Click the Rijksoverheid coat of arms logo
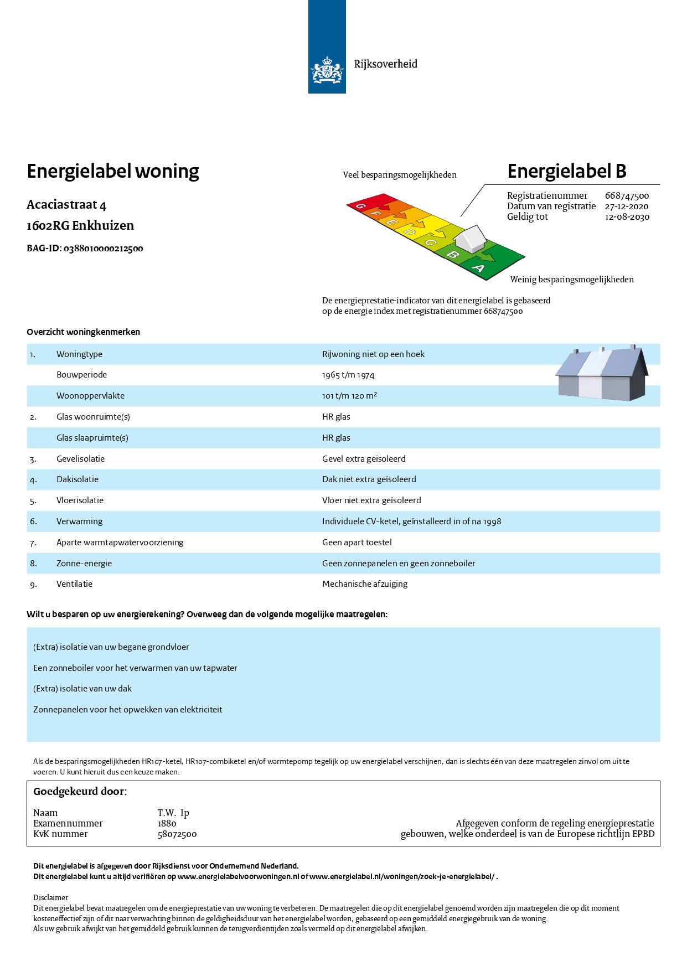(327, 71)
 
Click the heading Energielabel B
(566, 172)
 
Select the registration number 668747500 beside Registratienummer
(627, 196)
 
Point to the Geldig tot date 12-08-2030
(627, 217)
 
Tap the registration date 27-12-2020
(626, 206)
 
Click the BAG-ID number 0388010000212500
(103, 249)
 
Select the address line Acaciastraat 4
(66, 205)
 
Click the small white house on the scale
(469, 238)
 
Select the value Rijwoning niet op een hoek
(373, 354)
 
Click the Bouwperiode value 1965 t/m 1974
(348, 375)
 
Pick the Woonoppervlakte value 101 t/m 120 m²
(349, 396)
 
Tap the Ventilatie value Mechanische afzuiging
(365, 584)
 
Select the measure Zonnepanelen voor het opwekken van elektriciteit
(127, 710)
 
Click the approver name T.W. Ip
(173, 813)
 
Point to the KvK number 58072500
(177, 834)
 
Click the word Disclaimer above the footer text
(50, 897)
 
